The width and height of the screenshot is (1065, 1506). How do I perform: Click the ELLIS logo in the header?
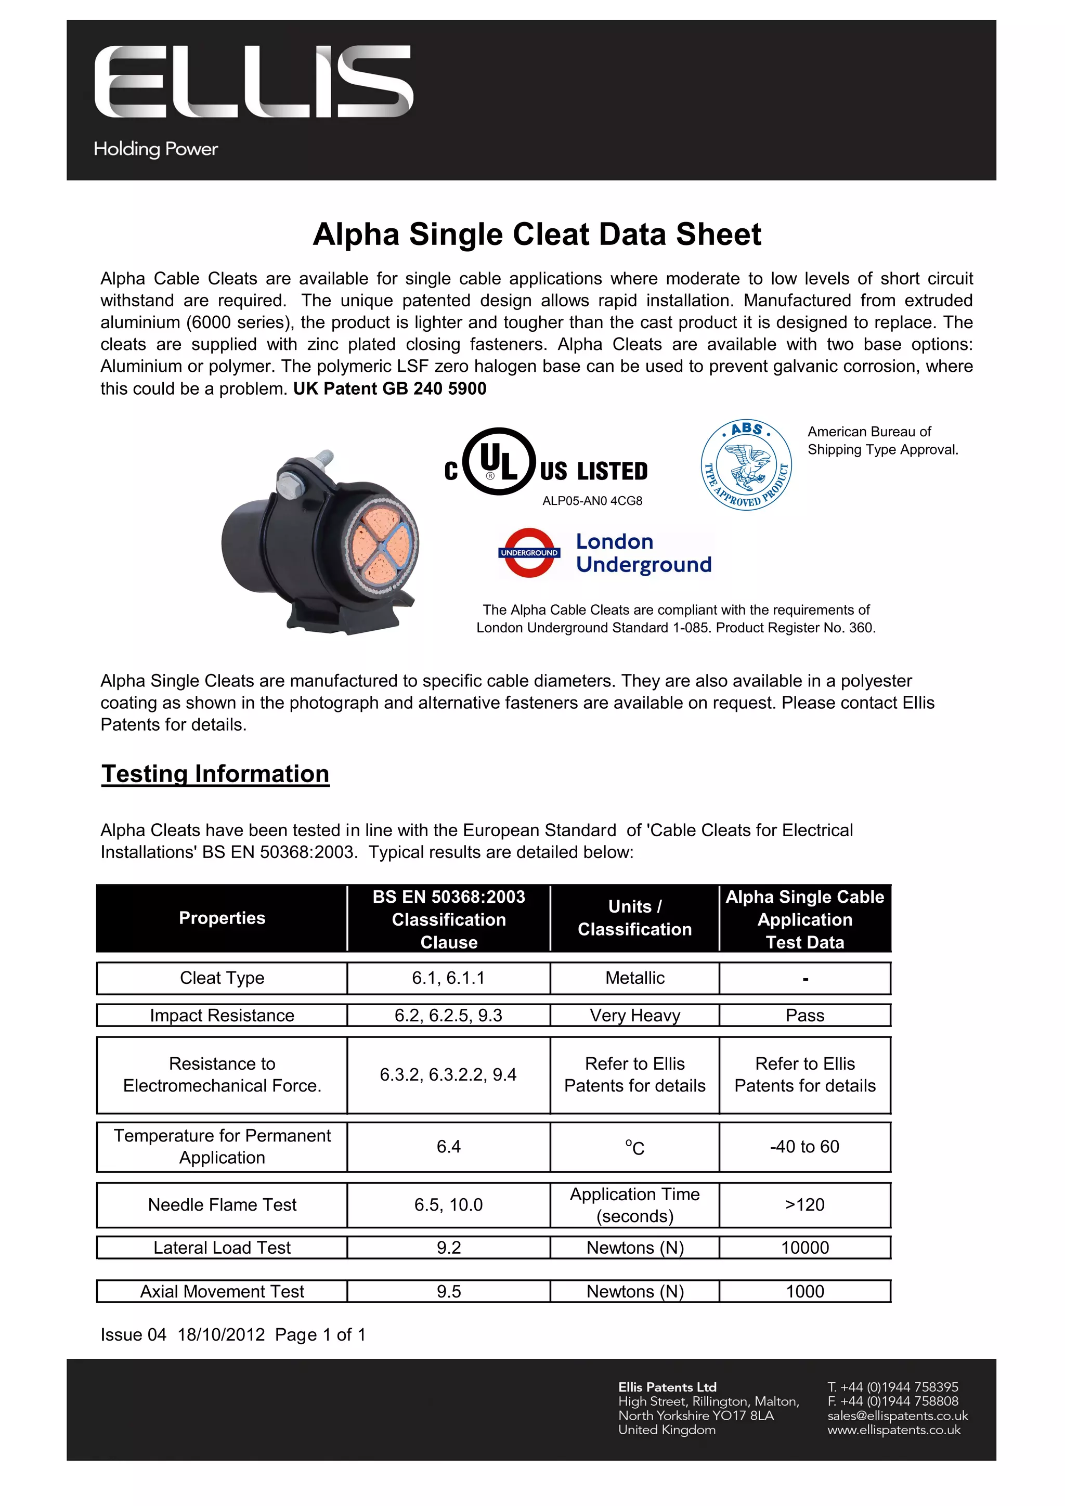254,82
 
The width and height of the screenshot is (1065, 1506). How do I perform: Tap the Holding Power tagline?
155,149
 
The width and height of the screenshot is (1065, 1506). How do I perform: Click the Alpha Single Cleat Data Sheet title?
537,234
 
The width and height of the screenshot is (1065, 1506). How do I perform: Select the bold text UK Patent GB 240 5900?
389,388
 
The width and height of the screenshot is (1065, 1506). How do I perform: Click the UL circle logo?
499,461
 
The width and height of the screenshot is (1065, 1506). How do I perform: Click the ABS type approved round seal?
746,465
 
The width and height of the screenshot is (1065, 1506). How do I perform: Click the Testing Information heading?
215,774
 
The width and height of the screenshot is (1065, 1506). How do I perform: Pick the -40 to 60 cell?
804,1147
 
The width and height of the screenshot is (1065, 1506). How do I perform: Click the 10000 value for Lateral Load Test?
804,1248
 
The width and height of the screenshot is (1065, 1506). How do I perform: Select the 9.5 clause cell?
449,1292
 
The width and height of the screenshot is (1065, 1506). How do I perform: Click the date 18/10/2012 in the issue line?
221,1335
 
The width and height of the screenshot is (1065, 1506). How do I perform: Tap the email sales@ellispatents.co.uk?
897,1416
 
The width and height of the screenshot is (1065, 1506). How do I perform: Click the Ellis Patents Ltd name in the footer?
667,1386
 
